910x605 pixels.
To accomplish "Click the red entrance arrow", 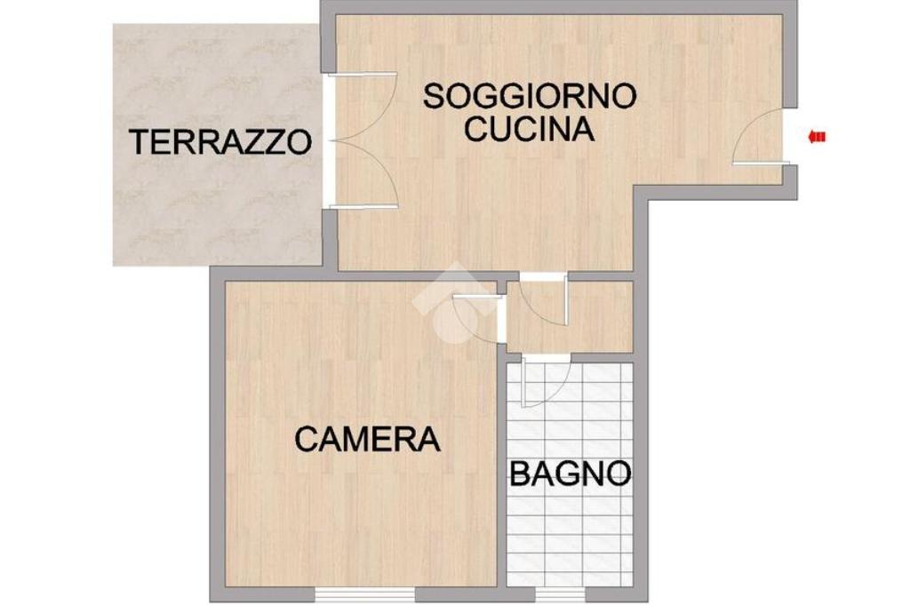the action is pyautogui.click(x=818, y=137).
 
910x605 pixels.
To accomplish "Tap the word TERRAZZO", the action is pyautogui.click(x=220, y=142).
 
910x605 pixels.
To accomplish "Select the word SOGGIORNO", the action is pyautogui.click(x=530, y=96).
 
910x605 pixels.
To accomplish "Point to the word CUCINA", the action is pyautogui.click(x=530, y=129).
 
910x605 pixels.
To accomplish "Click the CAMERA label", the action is pyautogui.click(x=368, y=439).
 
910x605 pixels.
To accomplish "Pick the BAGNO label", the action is pyautogui.click(x=570, y=474).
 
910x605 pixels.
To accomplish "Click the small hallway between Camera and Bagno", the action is pyautogui.click(x=569, y=316).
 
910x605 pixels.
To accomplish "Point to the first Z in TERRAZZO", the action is pyautogui.click(x=256, y=142).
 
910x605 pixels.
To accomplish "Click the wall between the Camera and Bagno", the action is pyautogui.click(x=501, y=471).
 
